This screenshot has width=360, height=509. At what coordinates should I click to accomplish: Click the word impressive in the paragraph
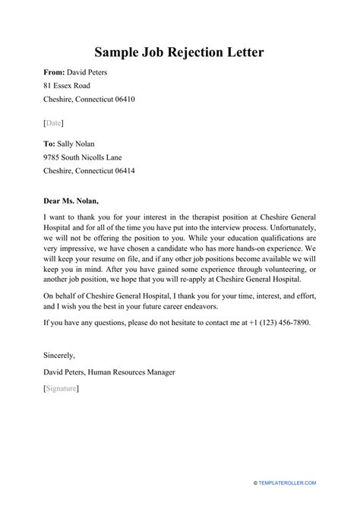click(79, 251)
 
